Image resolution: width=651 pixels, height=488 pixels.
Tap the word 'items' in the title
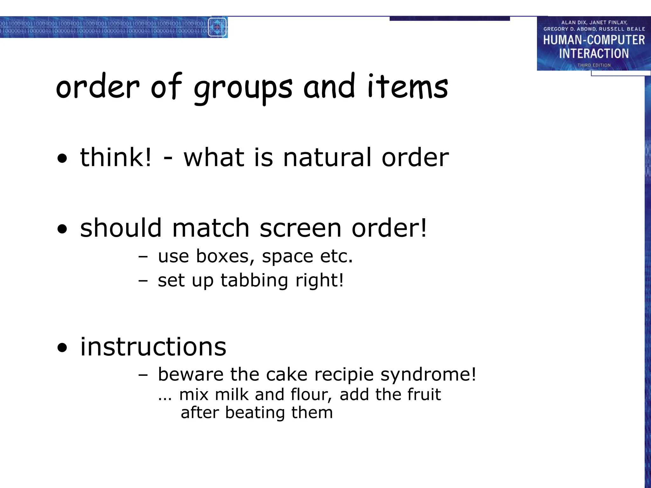408,86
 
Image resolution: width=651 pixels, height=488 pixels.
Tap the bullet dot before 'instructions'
63,348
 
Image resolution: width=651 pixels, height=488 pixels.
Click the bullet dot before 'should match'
63,229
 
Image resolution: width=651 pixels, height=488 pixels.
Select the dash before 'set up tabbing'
143,281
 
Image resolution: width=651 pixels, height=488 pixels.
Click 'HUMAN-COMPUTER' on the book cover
594,40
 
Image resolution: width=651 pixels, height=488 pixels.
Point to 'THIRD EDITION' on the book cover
594,65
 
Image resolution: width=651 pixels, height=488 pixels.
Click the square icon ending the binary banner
217,27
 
